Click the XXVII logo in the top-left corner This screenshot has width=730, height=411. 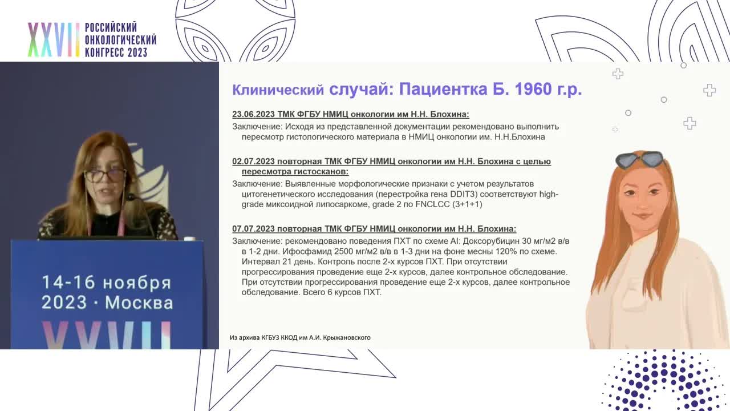click(x=53, y=40)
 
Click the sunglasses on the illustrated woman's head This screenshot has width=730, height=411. click(x=639, y=159)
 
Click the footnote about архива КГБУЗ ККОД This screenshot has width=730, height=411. click(x=300, y=337)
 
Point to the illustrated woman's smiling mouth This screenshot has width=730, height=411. click(x=642, y=216)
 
